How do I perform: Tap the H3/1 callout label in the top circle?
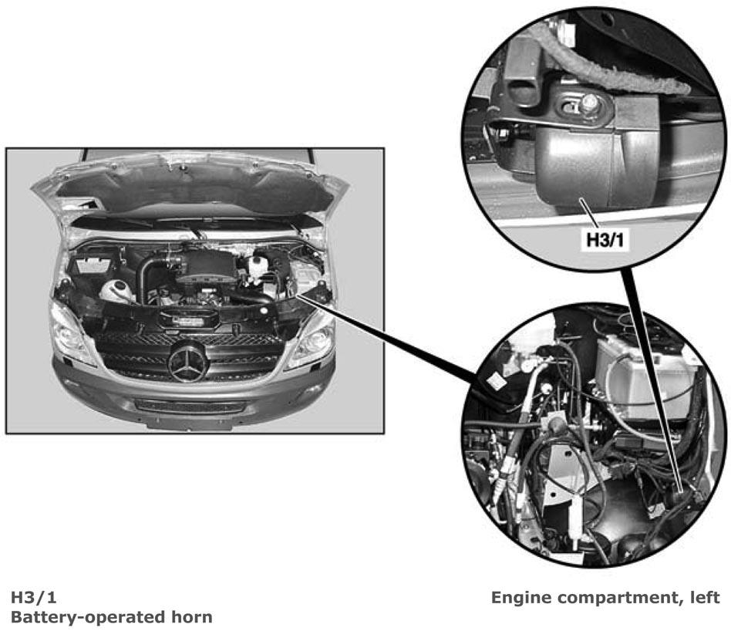pos(605,240)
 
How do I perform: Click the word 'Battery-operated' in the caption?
pos(86,617)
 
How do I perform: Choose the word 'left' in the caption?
pos(706,597)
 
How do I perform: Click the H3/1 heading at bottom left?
pos(34,597)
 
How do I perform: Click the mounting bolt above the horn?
pos(590,103)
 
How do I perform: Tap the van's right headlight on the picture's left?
pos(70,332)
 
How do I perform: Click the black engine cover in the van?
pos(206,266)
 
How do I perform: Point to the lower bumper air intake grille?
pos(189,405)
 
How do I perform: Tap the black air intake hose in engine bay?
pos(146,275)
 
